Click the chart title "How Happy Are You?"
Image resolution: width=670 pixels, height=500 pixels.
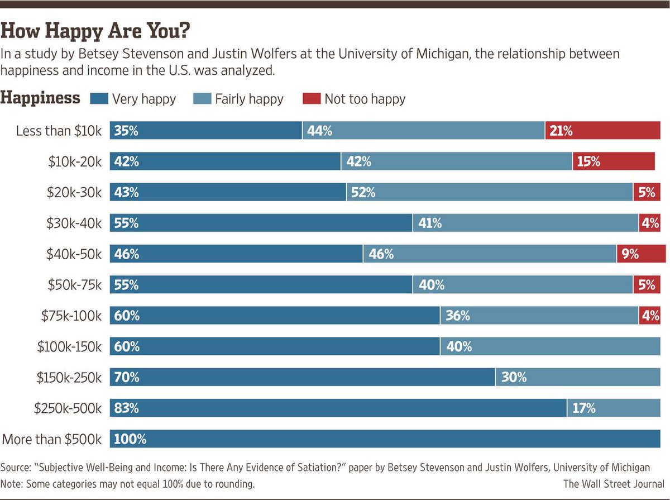click(95, 31)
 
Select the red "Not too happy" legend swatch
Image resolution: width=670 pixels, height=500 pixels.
click(312, 99)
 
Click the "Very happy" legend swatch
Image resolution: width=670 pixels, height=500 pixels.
click(99, 99)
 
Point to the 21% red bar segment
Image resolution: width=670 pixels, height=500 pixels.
click(603, 131)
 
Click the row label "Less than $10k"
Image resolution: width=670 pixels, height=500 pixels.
click(59, 131)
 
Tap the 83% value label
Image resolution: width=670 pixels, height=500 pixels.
click(126, 408)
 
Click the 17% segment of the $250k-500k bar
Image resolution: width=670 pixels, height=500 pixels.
click(614, 408)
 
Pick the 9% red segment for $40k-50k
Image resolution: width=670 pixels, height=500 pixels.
click(641, 254)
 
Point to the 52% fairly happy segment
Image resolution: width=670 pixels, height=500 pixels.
click(489, 193)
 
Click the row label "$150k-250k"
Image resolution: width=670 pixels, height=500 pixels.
click(69, 378)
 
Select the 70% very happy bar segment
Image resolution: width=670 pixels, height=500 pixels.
click(302, 378)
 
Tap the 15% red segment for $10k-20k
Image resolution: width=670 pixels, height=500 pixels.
click(614, 162)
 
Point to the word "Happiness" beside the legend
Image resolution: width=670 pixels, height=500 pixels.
click(40, 98)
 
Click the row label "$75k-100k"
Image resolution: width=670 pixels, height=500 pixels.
click(71, 316)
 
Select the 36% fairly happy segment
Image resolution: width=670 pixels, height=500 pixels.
click(539, 316)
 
